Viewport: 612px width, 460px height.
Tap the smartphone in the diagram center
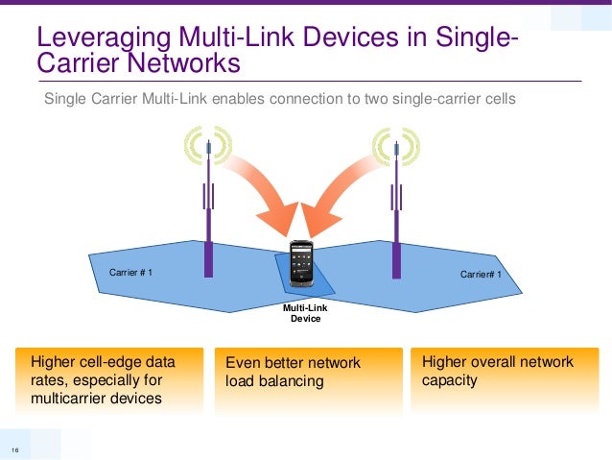click(301, 263)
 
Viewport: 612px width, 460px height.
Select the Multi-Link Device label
click(305, 312)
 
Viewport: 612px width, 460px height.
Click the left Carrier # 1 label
click(131, 273)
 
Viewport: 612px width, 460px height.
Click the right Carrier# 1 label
click(481, 275)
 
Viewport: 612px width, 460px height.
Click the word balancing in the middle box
click(291, 381)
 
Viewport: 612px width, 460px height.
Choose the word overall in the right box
click(496, 362)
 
